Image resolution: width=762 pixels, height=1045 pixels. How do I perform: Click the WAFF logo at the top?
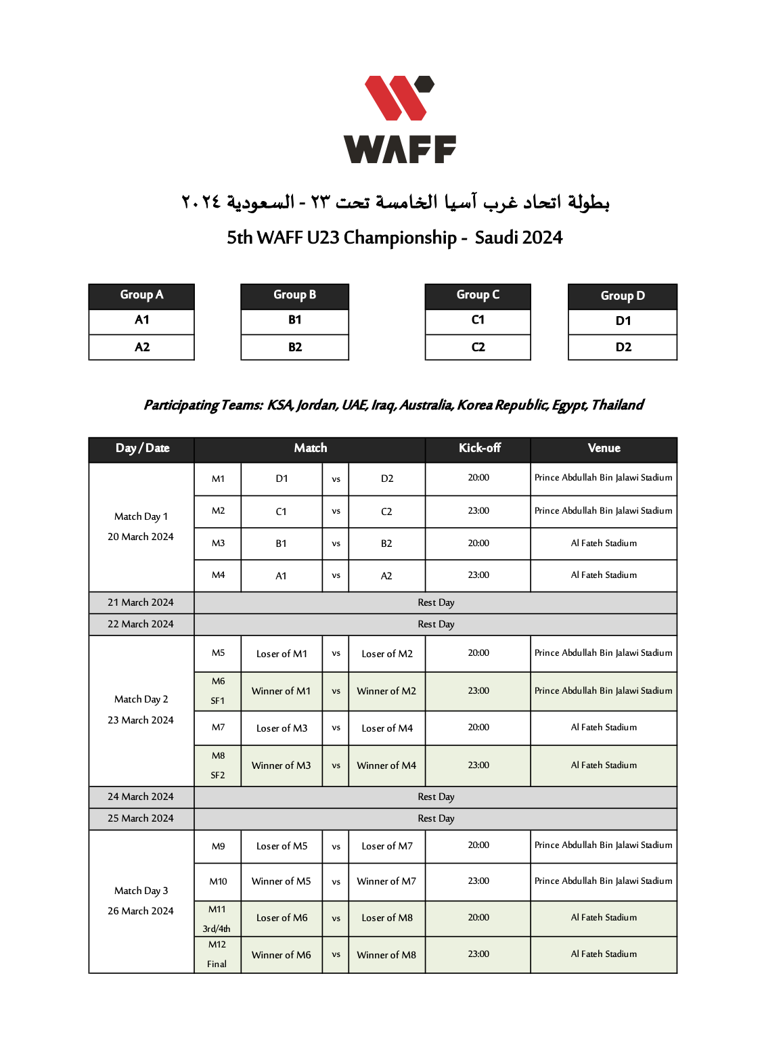[x=399, y=119]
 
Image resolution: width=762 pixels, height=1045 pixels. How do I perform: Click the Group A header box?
[x=141, y=295]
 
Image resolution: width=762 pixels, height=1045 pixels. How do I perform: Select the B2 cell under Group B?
[x=294, y=347]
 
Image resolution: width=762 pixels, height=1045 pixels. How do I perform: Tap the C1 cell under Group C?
[x=478, y=320]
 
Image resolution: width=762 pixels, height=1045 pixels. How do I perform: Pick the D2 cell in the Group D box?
[x=623, y=347]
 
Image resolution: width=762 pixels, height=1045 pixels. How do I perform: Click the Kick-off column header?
[x=478, y=448]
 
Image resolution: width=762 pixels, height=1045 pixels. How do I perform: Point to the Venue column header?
[x=604, y=448]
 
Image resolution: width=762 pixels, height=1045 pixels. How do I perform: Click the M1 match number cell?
[x=218, y=479]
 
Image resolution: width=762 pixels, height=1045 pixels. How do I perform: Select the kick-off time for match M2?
[x=478, y=511]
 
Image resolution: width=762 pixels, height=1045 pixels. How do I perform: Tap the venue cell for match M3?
[x=604, y=543]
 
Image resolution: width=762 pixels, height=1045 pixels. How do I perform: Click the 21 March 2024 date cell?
[x=141, y=602]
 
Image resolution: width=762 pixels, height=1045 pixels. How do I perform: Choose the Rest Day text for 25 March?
[x=436, y=818]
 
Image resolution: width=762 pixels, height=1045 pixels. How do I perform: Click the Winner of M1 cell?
[x=281, y=691]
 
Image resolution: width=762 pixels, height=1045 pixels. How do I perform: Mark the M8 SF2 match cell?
[x=218, y=765]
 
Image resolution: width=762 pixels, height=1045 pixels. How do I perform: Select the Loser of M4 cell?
[x=386, y=728]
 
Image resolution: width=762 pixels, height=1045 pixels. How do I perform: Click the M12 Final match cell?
[x=217, y=954]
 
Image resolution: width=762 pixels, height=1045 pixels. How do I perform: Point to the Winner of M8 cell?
[x=386, y=955]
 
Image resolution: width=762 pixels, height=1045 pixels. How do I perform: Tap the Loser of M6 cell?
[x=282, y=918]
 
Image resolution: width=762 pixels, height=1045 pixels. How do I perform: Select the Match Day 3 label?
[x=141, y=891]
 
